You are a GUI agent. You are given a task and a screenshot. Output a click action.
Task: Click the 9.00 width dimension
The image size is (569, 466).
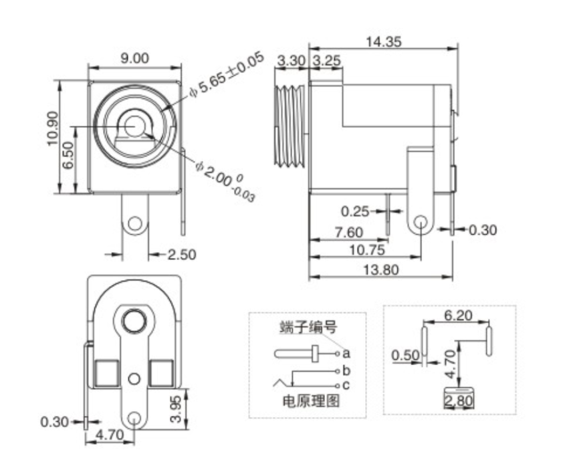pyautogui.click(x=134, y=58)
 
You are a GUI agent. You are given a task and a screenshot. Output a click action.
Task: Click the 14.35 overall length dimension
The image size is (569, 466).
pyautogui.click(x=383, y=41)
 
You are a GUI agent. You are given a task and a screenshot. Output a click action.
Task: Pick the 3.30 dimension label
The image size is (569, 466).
pyautogui.click(x=291, y=60)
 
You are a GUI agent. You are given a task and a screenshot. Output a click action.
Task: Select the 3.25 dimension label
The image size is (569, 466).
pyautogui.click(x=327, y=60)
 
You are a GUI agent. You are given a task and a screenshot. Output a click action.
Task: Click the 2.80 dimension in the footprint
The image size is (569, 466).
pyautogui.click(x=458, y=401)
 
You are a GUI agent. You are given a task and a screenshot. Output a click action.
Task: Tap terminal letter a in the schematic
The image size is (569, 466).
pyautogui.click(x=346, y=352)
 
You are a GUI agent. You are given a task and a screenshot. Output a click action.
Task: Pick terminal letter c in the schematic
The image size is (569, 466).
pyautogui.click(x=346, y=385)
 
